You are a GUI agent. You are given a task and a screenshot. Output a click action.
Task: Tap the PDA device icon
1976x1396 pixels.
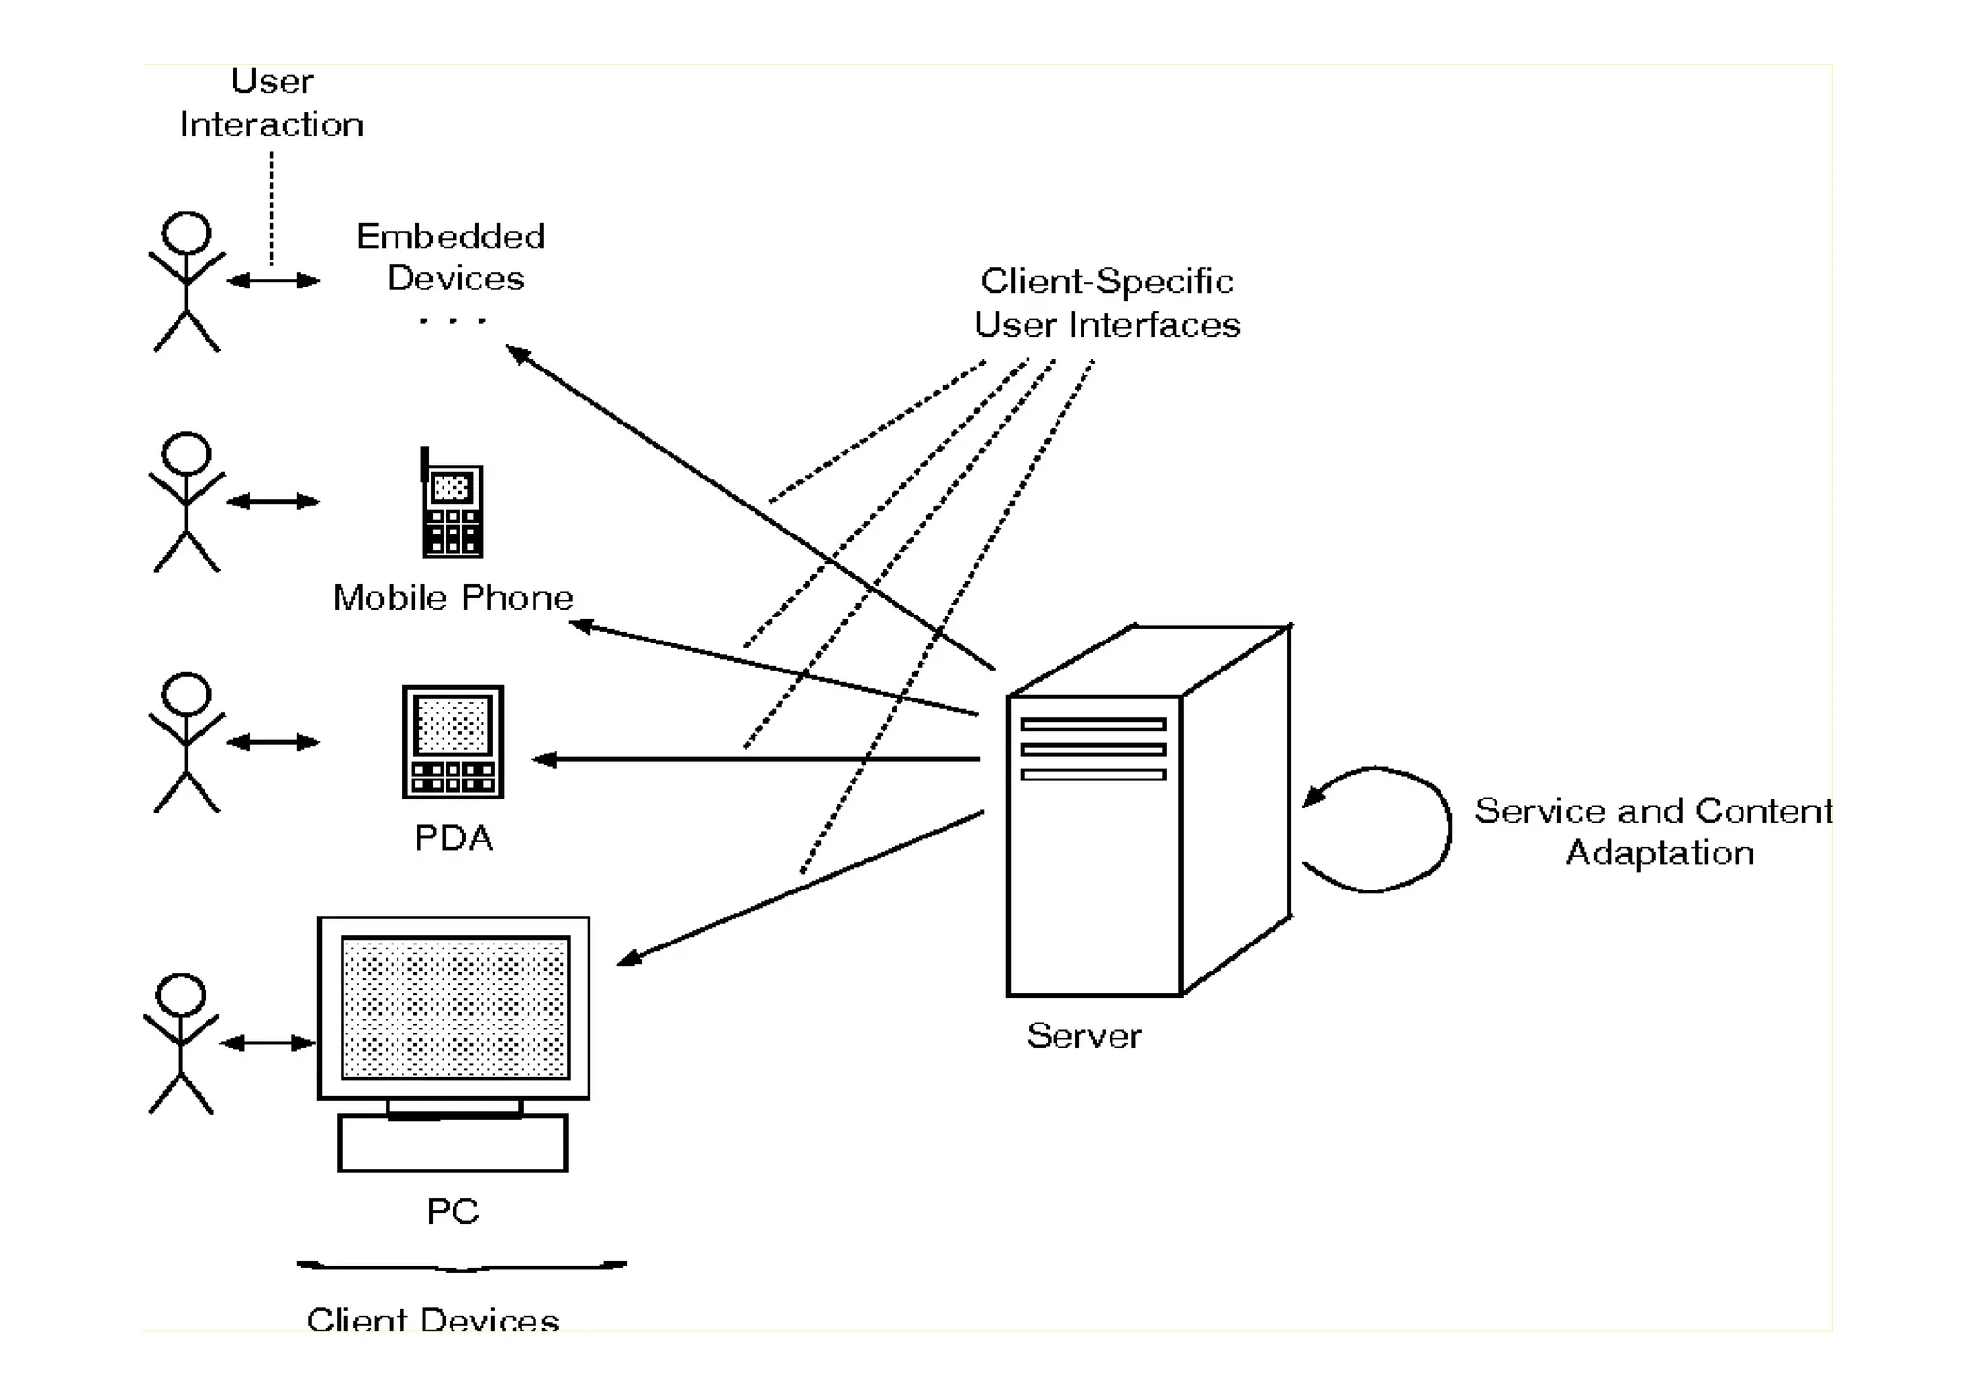tap(453, 741)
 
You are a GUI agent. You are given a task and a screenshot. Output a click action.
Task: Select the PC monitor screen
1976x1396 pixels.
tap(454, 1006)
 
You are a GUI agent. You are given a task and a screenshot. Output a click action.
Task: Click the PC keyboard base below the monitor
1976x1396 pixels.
tap(453, 1143)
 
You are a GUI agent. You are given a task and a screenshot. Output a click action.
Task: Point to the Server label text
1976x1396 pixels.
tap(1084, 1036)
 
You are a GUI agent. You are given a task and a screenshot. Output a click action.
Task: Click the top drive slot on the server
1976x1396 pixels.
tap(1093, 724)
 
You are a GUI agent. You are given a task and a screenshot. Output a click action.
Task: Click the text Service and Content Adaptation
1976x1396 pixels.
tap(1654, 832)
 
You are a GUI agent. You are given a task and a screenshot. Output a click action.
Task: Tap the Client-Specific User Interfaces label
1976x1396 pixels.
tap(1107, 303)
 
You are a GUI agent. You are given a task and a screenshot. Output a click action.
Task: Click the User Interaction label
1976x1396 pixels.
tap(272, 103)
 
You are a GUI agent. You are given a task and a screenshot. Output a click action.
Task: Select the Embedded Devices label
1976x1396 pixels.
tap(452, 258)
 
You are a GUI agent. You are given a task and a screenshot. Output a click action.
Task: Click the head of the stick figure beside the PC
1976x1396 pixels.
tap(181, 996)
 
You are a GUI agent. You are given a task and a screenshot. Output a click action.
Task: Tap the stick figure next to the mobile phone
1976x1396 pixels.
tap(186, 502)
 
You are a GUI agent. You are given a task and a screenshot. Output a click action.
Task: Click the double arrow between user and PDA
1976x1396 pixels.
tap(273, 742)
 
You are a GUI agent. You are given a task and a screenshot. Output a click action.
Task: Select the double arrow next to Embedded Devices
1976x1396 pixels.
tap(273, 281)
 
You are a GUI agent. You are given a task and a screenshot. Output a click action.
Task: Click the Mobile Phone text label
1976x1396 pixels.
tap(453, 598)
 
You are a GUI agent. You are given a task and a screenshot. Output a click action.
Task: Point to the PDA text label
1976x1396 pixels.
tap(453, 837)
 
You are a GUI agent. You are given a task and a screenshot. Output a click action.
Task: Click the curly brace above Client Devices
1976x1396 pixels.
tap(462, 1266)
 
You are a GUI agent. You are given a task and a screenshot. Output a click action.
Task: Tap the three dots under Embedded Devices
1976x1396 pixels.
tap(453, 320)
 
